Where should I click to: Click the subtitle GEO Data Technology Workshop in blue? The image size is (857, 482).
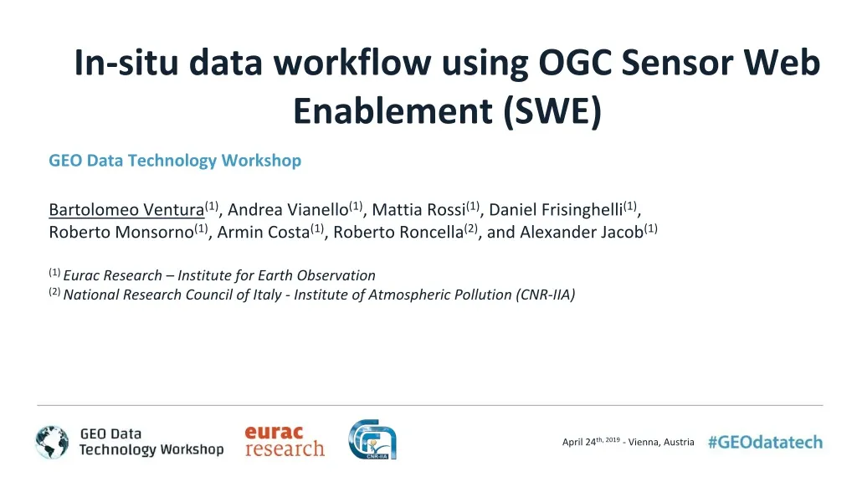pyautogui.click(x=175, y=161)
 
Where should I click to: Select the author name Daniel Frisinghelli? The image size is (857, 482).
pyautogui.click(x=556, y=209)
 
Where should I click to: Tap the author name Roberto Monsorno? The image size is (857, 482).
pyautogui.click(x=121, y=232)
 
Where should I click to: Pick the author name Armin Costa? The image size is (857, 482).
pyautogui.click(x=263, y=232)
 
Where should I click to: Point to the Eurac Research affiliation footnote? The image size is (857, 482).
pyautogui.click(x=219, y=275)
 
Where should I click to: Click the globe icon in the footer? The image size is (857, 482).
pyautogui.click(x=52, y=443)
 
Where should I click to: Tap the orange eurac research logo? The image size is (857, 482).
pyautogui.click(x=284, y=441)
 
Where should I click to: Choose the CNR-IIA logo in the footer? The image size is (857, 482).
pyautogui.click(x=372, y=440)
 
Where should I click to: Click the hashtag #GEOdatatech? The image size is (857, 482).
pyautogui.click(x=765, y=443)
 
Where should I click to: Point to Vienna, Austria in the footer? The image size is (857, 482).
pyautogui.click(x=660, y=443)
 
